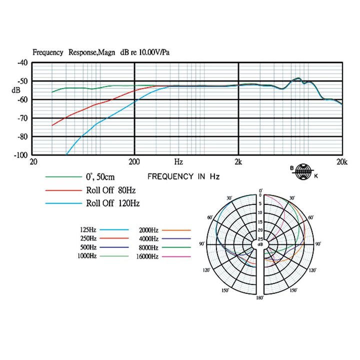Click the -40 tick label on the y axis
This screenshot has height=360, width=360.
click(21, 63)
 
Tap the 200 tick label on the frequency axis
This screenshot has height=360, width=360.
click(134, 162)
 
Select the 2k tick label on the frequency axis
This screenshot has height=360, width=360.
click(238, 162)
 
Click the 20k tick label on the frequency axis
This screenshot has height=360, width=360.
click(341, 162)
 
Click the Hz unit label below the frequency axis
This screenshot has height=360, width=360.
click(178, 162)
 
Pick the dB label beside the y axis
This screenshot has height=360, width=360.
click(16, 90)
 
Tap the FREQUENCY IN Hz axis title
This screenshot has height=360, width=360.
click(183, 176)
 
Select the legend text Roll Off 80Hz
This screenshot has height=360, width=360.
click(111, 190)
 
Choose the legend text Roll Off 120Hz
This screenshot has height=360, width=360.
click(112, 203)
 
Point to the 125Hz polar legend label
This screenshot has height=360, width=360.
click(88, 229)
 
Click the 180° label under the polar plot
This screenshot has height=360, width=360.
click(260, 298)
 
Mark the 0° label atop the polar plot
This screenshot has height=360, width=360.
click(260, 191)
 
